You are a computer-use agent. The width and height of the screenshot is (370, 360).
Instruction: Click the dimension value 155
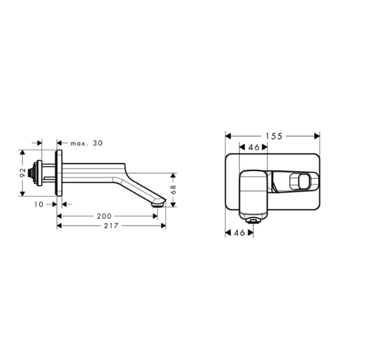[x=274, y=136]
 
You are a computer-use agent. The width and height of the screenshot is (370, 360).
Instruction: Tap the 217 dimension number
[x=111, y=226]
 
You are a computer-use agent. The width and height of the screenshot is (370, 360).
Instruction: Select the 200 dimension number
[x=104, y=216]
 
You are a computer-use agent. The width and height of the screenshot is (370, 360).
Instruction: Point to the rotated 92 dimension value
[x=23, y=172]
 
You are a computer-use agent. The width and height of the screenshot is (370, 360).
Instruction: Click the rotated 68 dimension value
[x=173, y=190]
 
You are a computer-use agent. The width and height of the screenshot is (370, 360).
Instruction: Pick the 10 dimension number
[x=39, y=204]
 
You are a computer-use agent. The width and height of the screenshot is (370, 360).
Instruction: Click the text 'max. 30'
[x=86, y=143]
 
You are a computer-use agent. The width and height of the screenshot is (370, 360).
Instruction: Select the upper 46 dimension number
[x=254, y=147]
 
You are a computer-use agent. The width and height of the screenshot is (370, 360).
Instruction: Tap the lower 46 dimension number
[x=239, y=233]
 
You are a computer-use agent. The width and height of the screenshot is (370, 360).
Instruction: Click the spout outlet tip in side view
[x=157, y=206]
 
